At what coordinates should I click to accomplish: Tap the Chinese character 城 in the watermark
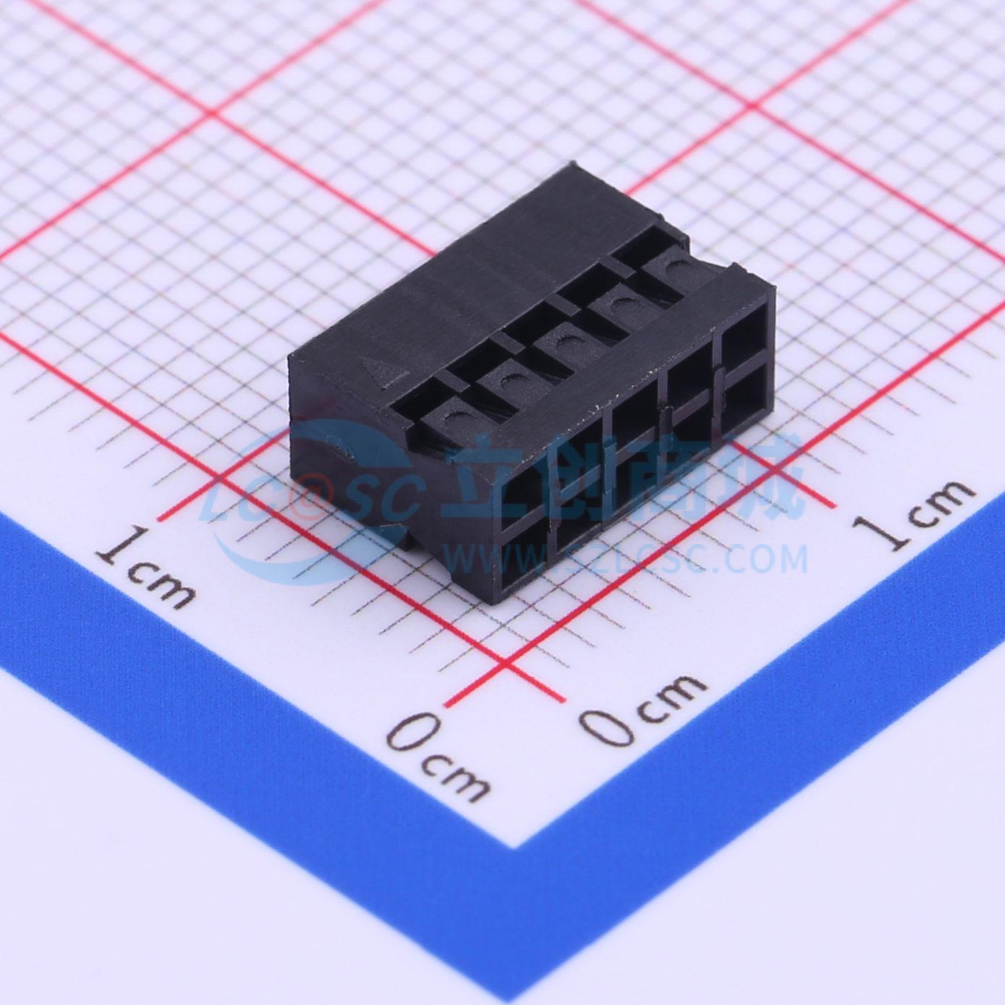pos(767,478)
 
